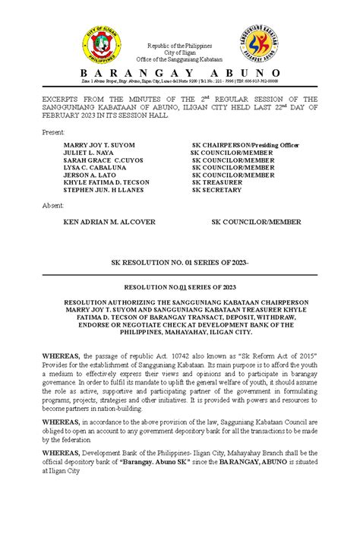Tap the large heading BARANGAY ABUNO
(x=179, y=72)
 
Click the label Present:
(x=54, y=132)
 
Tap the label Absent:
(x=53, y=205)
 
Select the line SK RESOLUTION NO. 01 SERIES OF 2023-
(x=180, y=261)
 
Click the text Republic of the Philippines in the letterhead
(x=180, y=46)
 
